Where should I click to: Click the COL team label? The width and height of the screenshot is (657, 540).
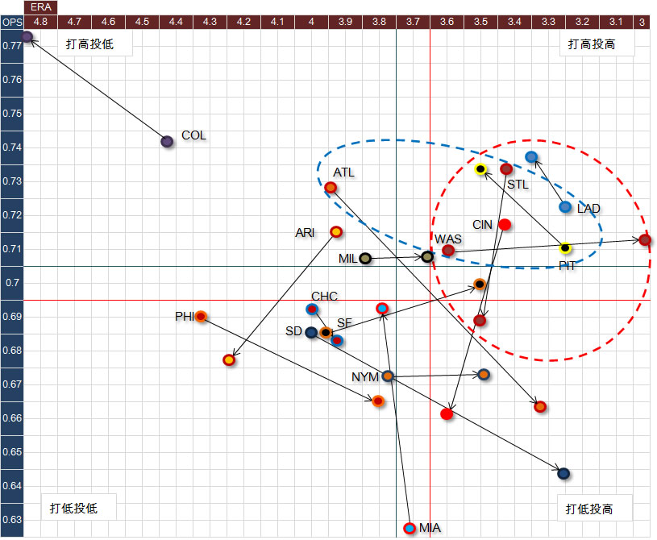pos(193,135)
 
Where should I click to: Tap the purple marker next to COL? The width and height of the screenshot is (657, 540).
pos(167,141)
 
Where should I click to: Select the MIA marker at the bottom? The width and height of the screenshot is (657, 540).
pos(410,528)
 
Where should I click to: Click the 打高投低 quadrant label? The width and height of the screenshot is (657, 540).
pos(89,44)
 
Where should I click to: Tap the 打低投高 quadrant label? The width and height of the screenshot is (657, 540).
pos(588,509)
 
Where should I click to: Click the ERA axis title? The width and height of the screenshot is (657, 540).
pos(40,6)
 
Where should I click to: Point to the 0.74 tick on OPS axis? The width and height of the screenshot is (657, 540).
pos(11,147)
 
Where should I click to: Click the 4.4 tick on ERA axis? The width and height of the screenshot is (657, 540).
pos(176,20)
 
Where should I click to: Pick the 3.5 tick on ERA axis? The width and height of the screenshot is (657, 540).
pos(480,20)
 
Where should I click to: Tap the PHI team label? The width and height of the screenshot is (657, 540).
pos(185,317)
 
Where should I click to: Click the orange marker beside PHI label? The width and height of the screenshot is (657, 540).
pos(202,316)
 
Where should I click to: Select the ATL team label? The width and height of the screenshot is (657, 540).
pos(343,172)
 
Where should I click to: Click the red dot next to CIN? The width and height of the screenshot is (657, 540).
pos(505,224)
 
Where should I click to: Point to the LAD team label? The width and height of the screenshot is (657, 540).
pos(588,208)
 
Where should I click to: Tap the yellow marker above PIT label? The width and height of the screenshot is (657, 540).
pos(565,248)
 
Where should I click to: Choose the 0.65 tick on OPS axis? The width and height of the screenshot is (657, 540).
pos(11,452)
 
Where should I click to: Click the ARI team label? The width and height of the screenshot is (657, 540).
pos(305,232)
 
